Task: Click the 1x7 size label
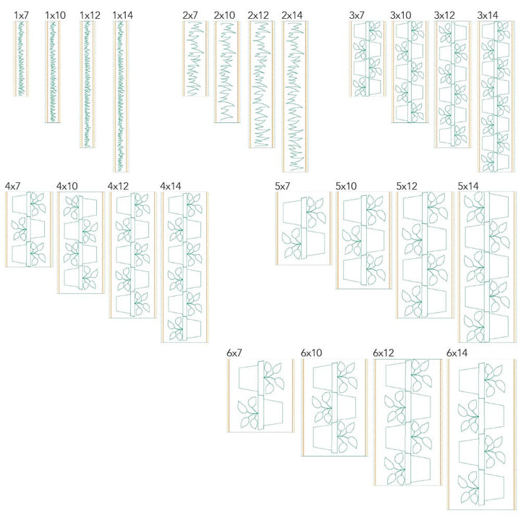pos(22,15)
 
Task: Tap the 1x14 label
pos(122,15)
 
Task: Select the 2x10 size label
pos(224,15)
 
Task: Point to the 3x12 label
pos(444,15)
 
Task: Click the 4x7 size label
pos(12,186)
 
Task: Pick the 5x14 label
pos(468,186)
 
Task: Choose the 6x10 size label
pos(311,353)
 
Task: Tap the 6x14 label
pos(457,353)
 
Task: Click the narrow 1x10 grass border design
pos(53,72)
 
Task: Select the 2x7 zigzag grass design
pos(195,59)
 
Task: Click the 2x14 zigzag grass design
pos(295,96)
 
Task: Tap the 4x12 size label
pos(118,186)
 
